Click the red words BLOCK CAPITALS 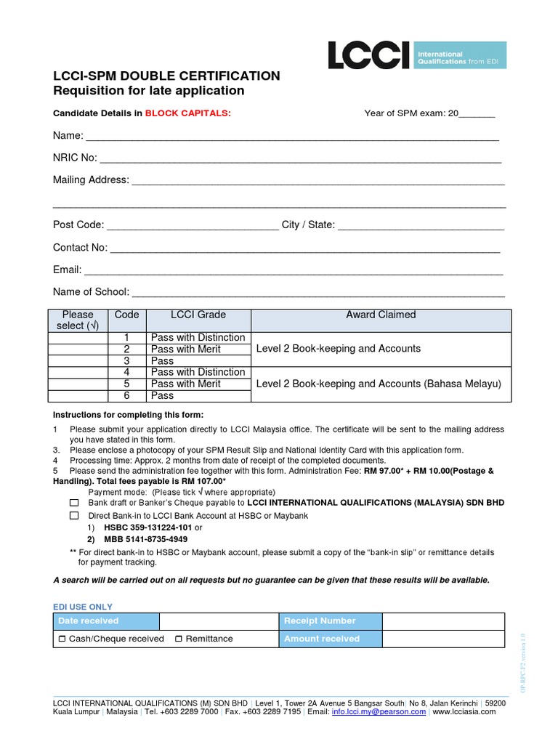pyautogui.click(x=187, y=113)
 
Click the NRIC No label pyautogui.click(x=74, y=158)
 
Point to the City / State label pyautogui.click(x=308, y=225)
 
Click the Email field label pyautogui.click(x=67, y=270)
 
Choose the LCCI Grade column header pyautogui.click(x=198, y=315)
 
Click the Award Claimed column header pyautogui.click(x=381, y=315)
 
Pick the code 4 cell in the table pyautogui.click(x=126, y=372)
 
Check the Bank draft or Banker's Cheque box pyautogui.click(x=74, y=503)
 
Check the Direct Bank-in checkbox pyautogui.click(x=74, y=515)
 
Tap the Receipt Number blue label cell pyautogui.click(x=331, y=621)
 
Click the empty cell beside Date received pyautogui.click(x=219, y=621)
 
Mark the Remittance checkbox pyautogui.click(x=179, y=639)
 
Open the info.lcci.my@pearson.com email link pyautogui.click(x=379, y=712)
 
